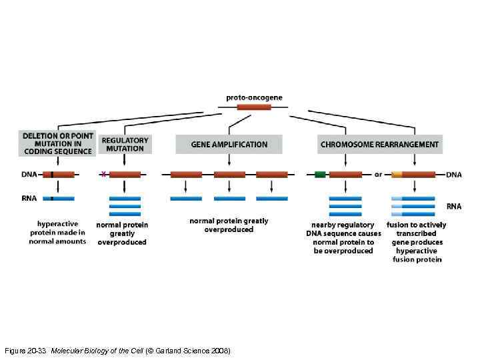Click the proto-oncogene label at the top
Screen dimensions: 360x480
(x=254, y=97)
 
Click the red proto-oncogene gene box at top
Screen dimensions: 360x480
(x=254, y=107)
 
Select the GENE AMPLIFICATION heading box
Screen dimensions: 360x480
(x=229, y=144)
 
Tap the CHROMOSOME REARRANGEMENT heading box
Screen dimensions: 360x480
(x=379, y=144)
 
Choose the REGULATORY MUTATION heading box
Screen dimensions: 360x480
(x=125, y=144)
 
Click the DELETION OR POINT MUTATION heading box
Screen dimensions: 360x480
(x=57, y=143)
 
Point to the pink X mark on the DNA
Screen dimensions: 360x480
(x=103, y=174)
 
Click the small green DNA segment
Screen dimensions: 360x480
(x=320, y=175)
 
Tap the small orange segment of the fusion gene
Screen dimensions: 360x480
(x=397, y=175)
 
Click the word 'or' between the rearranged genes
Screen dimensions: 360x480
(x=378, y=175)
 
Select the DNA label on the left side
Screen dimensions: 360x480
(x=29, y=175)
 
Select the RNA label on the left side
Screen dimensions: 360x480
(x=29, y=198)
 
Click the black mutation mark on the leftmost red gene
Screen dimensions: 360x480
(x=51, y=175)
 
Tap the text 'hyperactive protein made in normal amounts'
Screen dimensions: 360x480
(x=57, y=233)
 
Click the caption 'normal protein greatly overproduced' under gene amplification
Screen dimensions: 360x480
(x=229, y=225)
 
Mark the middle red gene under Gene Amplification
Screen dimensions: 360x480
(x=229, y=175)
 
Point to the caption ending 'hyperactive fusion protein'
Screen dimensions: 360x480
(x=416, y=242)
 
